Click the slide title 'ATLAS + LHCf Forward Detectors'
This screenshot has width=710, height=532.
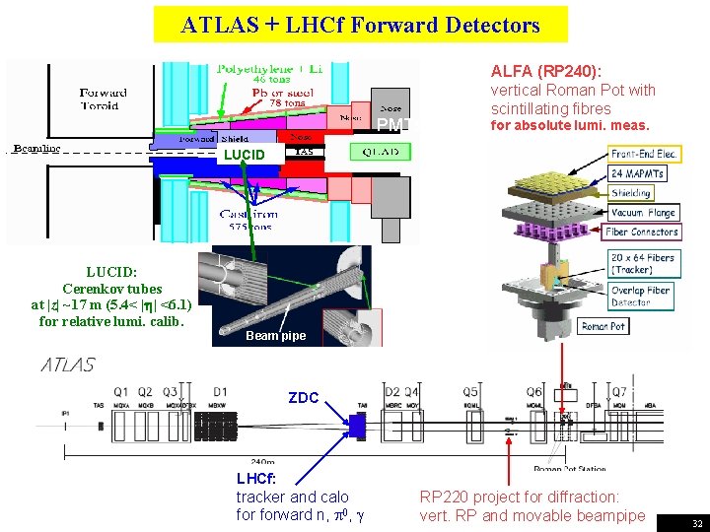(360, 25)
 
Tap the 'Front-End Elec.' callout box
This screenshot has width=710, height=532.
(643, 154)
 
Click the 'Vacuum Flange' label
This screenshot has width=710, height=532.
(643, 213)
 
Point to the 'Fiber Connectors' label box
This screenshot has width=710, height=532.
(642, 233)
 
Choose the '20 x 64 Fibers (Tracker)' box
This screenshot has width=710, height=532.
(642, 264)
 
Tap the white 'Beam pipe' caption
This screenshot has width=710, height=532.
(275, 336)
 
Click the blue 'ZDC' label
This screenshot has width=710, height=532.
(304, 398)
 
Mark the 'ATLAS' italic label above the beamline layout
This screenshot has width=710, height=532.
(68, 365)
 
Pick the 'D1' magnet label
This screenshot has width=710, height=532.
(219, 392)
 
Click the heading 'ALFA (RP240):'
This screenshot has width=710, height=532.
(546, 70)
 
